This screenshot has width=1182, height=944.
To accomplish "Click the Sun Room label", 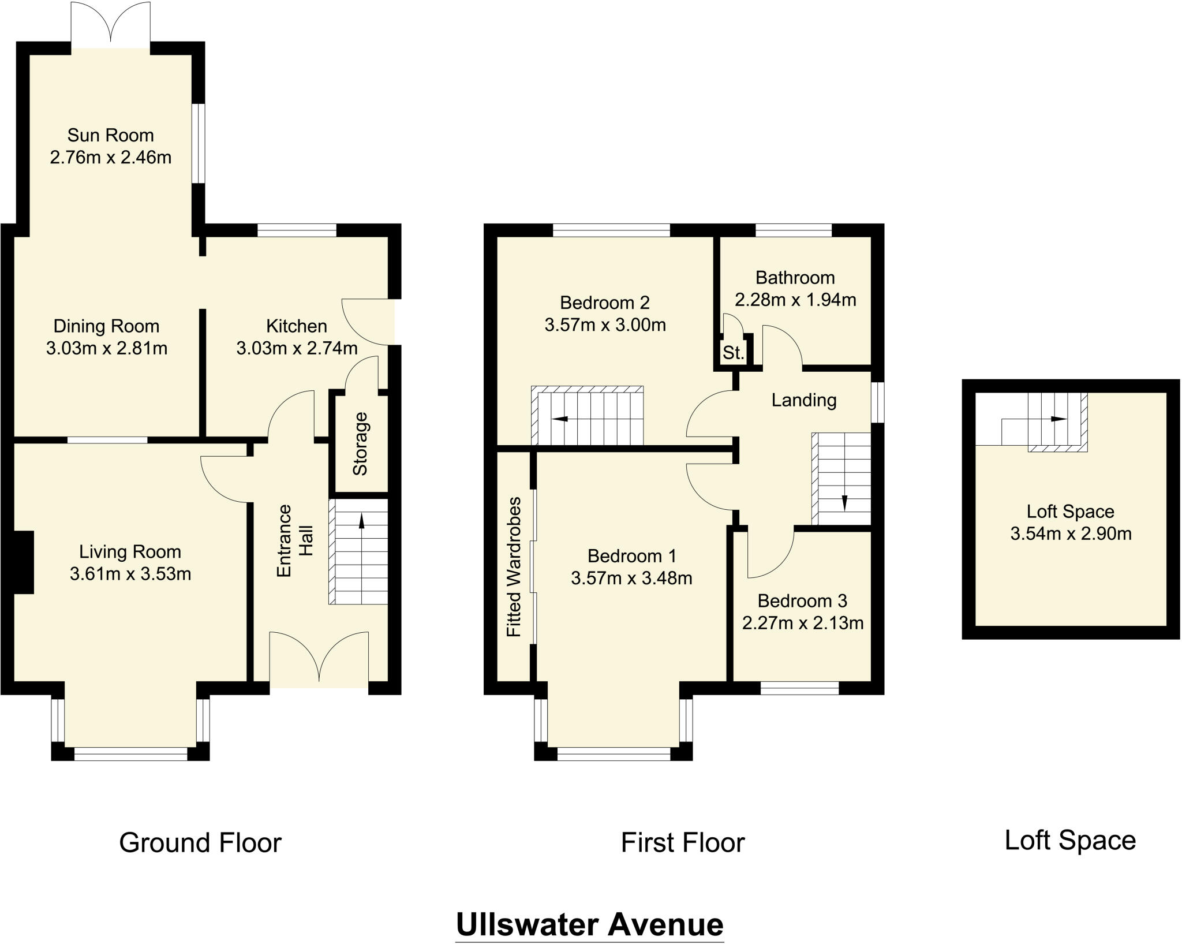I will (110, 135).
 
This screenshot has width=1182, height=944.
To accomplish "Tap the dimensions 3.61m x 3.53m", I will (130, 574).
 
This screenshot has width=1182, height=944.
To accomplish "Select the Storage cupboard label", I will (360, 443).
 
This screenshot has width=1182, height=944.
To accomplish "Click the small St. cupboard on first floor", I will (733, 352).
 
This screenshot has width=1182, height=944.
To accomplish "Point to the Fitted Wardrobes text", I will (514, 566).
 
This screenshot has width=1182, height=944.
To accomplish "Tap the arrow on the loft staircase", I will (1058, 419).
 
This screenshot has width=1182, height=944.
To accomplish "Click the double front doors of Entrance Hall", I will (319, 658).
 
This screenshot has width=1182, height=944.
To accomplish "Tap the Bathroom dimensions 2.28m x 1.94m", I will (795, 300).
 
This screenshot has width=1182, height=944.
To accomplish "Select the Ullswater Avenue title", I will (589, 924).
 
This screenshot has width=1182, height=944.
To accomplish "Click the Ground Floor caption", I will (200, 842).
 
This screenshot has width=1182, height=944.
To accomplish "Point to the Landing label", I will (803, 400).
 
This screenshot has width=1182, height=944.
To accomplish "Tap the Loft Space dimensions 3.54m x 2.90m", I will (1070, 533).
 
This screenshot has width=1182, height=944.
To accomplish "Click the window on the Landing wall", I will (877, 401).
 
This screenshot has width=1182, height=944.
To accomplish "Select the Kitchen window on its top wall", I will (297, 230).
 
